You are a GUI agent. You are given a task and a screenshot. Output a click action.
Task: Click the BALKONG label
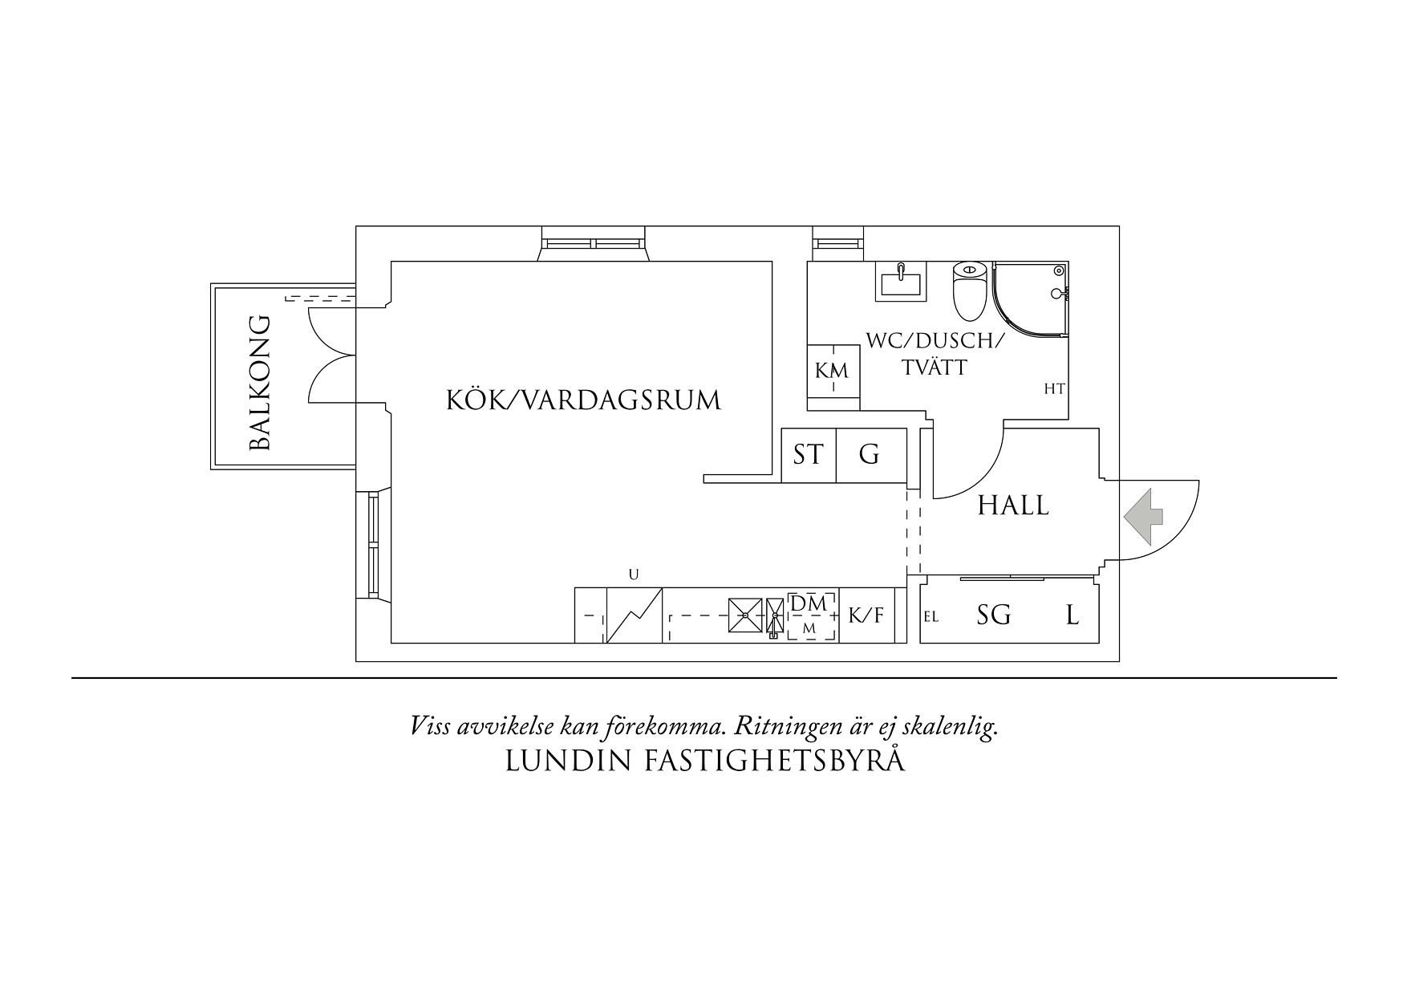click(262, 384)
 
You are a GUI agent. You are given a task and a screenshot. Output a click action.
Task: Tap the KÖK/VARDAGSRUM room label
click(583, 400)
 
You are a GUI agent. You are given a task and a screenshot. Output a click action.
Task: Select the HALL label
click(1013, 506)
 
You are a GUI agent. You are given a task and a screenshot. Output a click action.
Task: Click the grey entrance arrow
click(1142, 518)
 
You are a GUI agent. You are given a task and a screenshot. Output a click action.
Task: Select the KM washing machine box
click(832, 372)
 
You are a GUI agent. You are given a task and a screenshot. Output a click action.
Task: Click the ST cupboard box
click(809, 455)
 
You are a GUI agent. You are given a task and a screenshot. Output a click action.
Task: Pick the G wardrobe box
click(870, 455)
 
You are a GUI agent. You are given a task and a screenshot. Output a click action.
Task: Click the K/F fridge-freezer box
click(866, 615)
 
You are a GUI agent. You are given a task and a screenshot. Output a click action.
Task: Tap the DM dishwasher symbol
click(811, 615)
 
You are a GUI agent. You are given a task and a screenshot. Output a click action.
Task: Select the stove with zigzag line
click(634, 615)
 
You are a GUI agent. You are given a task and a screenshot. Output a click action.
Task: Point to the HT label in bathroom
click(1054, 389)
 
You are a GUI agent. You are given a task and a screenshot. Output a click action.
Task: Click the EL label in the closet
click(931, 618)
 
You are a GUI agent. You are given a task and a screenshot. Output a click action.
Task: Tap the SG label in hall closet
click(993, 615)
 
